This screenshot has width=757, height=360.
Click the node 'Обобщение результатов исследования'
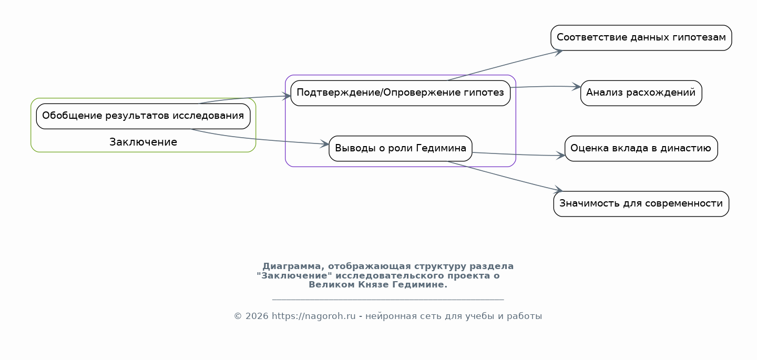pos(144,116)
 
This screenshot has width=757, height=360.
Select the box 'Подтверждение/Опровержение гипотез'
pos(401,93)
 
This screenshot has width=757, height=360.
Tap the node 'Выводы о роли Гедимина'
pos(401,149)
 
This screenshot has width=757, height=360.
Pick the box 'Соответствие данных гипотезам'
pos(641,38)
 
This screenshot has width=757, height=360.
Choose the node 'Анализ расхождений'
pos(641,93)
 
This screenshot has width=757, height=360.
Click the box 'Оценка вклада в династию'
pos(641,149)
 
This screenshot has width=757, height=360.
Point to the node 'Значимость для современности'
pos(641,204)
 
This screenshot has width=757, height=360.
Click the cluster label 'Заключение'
pos(144,142)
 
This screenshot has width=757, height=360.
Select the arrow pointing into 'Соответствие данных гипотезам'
pos(505,66)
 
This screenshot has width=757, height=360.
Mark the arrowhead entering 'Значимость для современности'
pos(558,190)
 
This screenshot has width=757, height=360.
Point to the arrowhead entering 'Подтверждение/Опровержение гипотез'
pos(287,96)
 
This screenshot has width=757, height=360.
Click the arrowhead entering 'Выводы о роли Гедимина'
pos(324,144)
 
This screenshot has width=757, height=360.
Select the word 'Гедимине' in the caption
pos(420,285)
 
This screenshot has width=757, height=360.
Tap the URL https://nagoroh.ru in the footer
pos(314,316)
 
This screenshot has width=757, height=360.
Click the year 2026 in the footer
pos(257,316)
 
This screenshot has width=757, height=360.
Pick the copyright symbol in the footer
pos(238,316)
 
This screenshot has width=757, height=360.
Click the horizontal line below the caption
pos(388,300)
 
